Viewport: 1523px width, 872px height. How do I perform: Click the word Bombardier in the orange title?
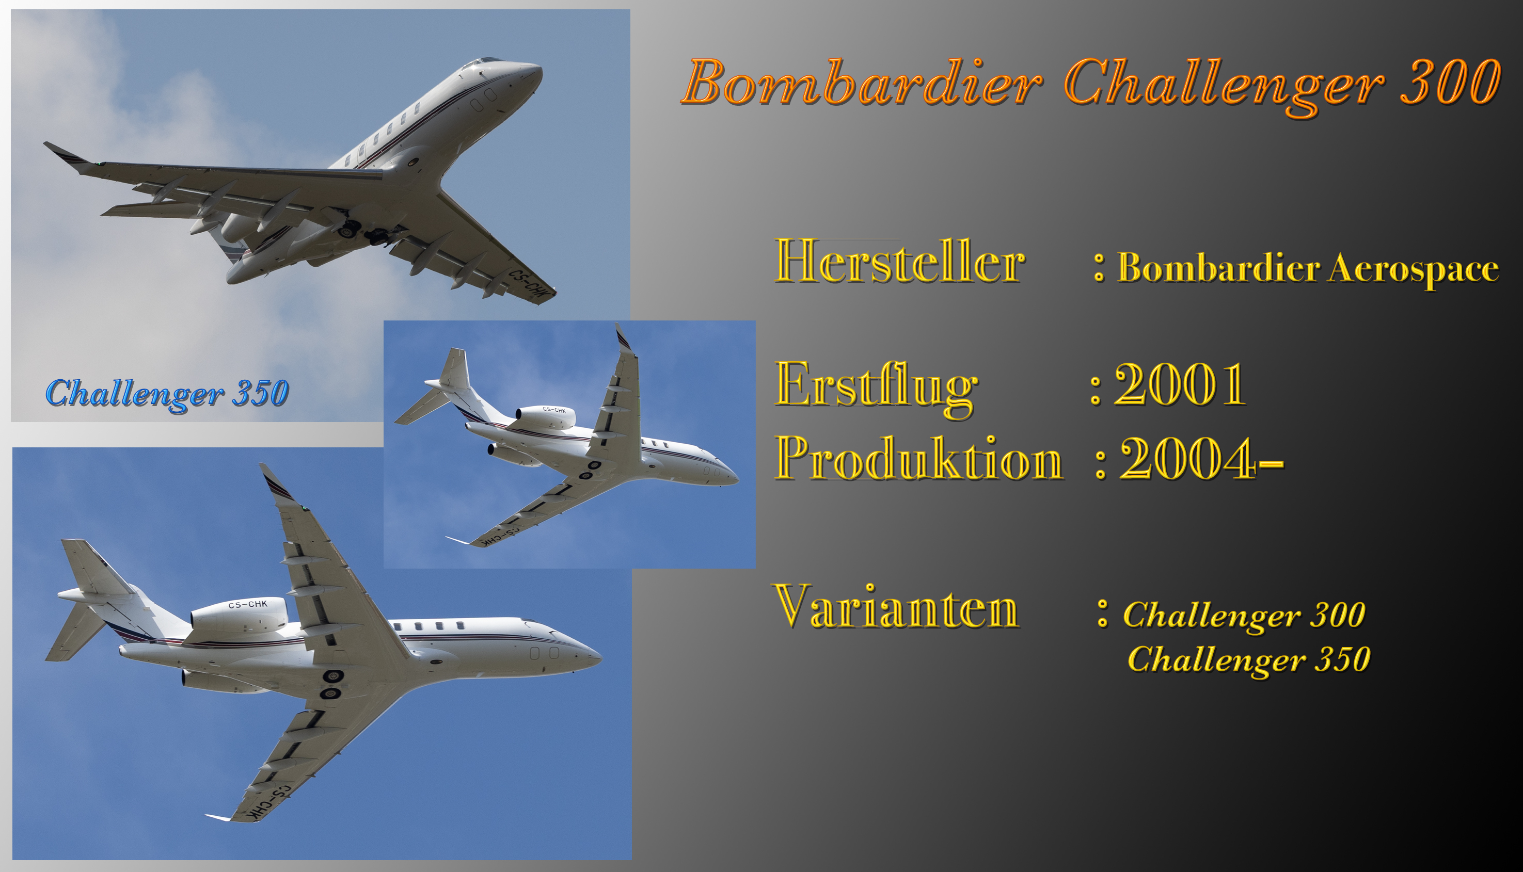point(862,83)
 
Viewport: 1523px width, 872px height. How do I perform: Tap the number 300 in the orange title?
point(1450,83)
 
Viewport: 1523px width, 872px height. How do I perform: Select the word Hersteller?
point(900,261)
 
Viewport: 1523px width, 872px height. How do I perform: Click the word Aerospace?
point(1414,269)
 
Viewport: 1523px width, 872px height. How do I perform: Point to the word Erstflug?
point(876,388)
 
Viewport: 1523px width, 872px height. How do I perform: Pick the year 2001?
point(1180,384)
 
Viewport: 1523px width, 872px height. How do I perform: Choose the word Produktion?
point(919,459)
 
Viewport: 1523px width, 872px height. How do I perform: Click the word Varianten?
point(897,606)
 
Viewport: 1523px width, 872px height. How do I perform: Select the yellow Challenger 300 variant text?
point(1244,616)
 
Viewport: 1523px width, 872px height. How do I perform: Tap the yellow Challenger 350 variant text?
point(1248,660)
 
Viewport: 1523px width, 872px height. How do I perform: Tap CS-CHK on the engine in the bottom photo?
point(247,604)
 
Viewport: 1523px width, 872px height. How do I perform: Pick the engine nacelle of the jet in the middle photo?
point(545,417)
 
